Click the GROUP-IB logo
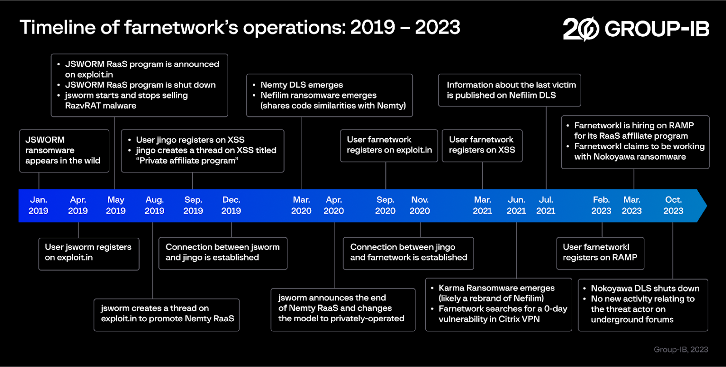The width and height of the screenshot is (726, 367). pyautogui.click(x=635, y=29)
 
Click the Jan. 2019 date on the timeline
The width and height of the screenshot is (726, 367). pyautogui.click(x=38, y=205)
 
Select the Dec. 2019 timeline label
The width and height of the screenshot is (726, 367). pyautogui.click(x=231, y=205)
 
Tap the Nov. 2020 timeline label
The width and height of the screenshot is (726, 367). pyautogui.click(x=420, y=205)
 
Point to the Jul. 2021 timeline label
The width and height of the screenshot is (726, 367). pyautogui.click(x=545, y=205)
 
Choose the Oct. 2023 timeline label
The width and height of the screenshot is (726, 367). pyautogui.click(x=673, y=205)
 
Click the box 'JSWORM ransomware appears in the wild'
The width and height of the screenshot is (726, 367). pyautogui.click(x=64, y=151)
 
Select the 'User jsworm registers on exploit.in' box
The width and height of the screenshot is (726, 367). pyautogui.click(x=88, y=253)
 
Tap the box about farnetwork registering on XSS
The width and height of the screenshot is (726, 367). pyautogui.click(x=482, y=145)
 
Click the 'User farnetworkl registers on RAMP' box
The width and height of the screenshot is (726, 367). pyautogui.click(x=600, y=253)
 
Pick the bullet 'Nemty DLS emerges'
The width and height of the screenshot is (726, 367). pyautogui.click(x=301, y=85)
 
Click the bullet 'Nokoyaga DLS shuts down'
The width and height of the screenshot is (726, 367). pyautogui.click(x=644, y=289)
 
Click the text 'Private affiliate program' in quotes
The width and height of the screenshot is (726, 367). pyautogui.click(x=187, y=161)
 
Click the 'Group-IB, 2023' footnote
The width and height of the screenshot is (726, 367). pyautogui.click(x=681, y=349)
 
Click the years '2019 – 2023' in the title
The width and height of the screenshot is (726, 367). pyautogui.click(x=405, y=27)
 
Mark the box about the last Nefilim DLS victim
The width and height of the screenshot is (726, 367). pyautogui.click(x=509, y=90)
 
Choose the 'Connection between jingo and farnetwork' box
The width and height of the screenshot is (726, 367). pyautogui.click(x=408, y=253)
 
